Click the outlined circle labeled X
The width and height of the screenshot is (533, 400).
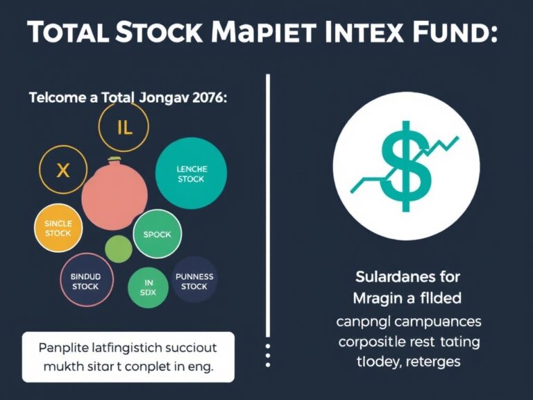62,170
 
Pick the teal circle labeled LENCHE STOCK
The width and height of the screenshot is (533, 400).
191,174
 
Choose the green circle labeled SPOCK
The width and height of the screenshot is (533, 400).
157,234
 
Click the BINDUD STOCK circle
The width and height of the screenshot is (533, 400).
85,281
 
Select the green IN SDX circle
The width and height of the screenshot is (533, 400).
149,287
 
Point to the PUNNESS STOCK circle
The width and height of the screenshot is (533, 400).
194,281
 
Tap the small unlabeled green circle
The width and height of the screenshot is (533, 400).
119,248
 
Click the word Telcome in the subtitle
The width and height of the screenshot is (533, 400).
56,98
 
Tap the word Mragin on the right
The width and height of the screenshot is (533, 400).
375,299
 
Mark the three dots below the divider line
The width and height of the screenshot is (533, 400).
267,353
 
